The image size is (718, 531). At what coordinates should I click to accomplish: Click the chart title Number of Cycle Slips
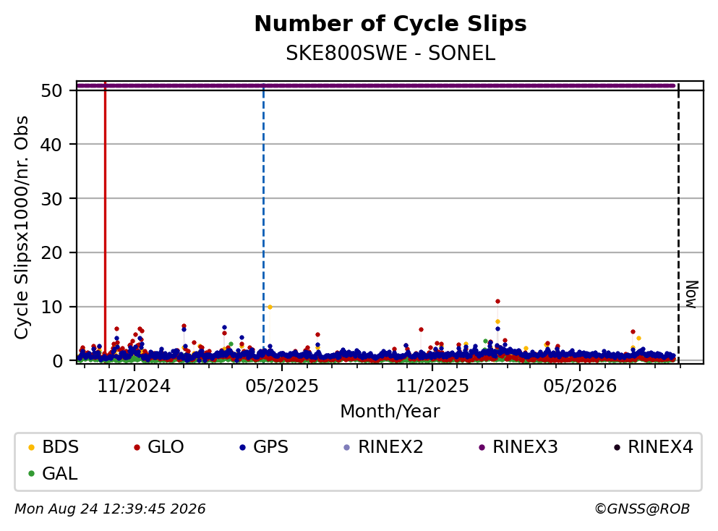pos(390,24)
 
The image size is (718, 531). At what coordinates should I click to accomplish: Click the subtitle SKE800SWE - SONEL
pos(390,54)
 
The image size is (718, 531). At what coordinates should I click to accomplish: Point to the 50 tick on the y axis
pos(52,90)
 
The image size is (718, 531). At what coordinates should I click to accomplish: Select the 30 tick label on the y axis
pos(52,199)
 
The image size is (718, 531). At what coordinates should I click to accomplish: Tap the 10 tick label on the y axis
pos(52,307)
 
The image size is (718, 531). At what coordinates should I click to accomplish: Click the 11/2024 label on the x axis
pos(134,386)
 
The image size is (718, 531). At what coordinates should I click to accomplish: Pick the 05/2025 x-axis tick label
pos(281,386)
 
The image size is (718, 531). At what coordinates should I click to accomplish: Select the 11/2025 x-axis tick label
pos(432,386)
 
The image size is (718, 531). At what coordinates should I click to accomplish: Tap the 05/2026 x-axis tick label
pos(580,386)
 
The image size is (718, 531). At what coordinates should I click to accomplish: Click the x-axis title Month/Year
pos(390,412)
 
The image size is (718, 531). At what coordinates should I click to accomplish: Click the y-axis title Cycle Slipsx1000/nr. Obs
pos(22,228)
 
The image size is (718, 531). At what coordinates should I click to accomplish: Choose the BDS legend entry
pos(54,446)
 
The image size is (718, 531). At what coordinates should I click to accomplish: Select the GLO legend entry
pos(159,446)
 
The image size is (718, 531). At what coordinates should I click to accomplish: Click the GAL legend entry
pos(53,473)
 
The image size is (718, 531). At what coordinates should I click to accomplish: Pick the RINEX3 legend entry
pos(518,446)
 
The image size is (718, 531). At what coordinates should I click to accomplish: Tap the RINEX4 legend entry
pos(654,446)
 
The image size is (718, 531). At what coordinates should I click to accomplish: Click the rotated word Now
pos(691,294)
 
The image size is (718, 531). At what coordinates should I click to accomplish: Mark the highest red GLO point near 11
pos(497,302)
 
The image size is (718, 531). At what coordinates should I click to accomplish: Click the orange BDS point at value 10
pos(270,307)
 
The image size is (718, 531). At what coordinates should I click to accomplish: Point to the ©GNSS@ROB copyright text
pos(642,509)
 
